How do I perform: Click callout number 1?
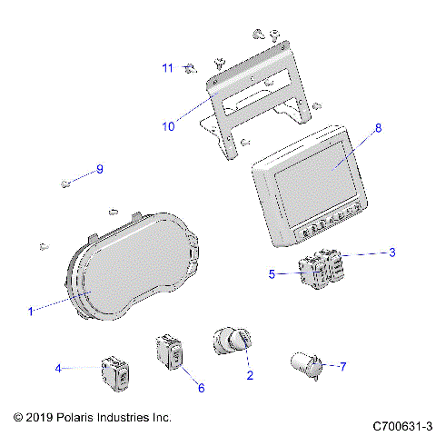click(30, 311)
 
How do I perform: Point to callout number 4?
click(58, 368)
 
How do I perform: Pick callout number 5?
click(272, 272)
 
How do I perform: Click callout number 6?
click(201, 388)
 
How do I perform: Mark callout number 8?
click(378, 128)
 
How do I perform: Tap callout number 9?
click(101, 169)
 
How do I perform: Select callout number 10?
click(167, 126)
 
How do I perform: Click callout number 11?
click(167, 68)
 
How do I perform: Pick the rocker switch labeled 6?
click(170, 352)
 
